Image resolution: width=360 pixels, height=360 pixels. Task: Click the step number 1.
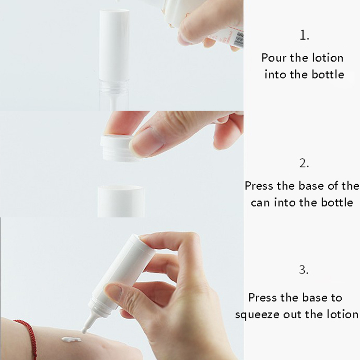click(304, 35)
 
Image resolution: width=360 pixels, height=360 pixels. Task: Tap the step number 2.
click(304, 163)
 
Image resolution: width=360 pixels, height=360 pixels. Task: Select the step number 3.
click(304, 269)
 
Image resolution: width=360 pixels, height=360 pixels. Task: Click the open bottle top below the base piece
click(121, 201)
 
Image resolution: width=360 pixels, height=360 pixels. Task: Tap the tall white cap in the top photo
click(114, 43)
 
